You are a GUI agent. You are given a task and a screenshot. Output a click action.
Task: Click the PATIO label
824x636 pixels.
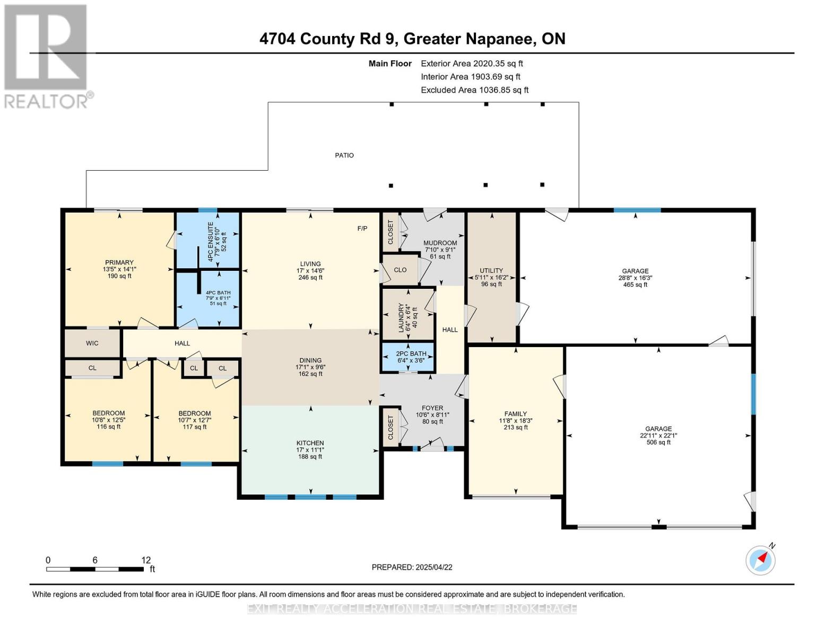click(344, 155)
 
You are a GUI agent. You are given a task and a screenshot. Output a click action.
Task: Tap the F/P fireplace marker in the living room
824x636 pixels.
click(362, 228)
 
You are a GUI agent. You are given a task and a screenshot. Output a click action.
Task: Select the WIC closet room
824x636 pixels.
click(92, 343)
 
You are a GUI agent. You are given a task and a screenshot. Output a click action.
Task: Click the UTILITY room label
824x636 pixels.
click(491, 270)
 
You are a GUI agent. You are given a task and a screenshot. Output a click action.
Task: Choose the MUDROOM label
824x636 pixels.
click(440, 243)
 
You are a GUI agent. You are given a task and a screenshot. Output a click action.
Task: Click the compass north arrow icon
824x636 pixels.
click(761, 560)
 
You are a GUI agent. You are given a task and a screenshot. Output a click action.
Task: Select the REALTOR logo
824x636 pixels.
click(47, 56)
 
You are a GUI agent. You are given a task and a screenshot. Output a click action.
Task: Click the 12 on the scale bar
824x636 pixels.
click(146, 560)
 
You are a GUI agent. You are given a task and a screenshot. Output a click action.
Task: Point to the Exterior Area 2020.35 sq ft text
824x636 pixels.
click(472, 64)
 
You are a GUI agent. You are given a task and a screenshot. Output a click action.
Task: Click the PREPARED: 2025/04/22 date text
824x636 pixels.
click(412, 567)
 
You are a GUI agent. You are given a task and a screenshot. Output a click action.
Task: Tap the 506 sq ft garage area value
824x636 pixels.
click(658, 443)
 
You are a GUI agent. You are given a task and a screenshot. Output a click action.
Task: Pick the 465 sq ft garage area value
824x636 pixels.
click(635, 285)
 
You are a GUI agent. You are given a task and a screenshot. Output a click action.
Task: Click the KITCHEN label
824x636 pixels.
click(310, 443)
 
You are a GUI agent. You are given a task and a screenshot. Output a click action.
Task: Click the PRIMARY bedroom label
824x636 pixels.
click(119, 262)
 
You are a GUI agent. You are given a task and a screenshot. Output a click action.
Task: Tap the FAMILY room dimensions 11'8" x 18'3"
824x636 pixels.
click(515, 421)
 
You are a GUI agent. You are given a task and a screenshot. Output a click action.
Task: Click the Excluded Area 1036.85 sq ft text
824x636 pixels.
click(474, 90)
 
